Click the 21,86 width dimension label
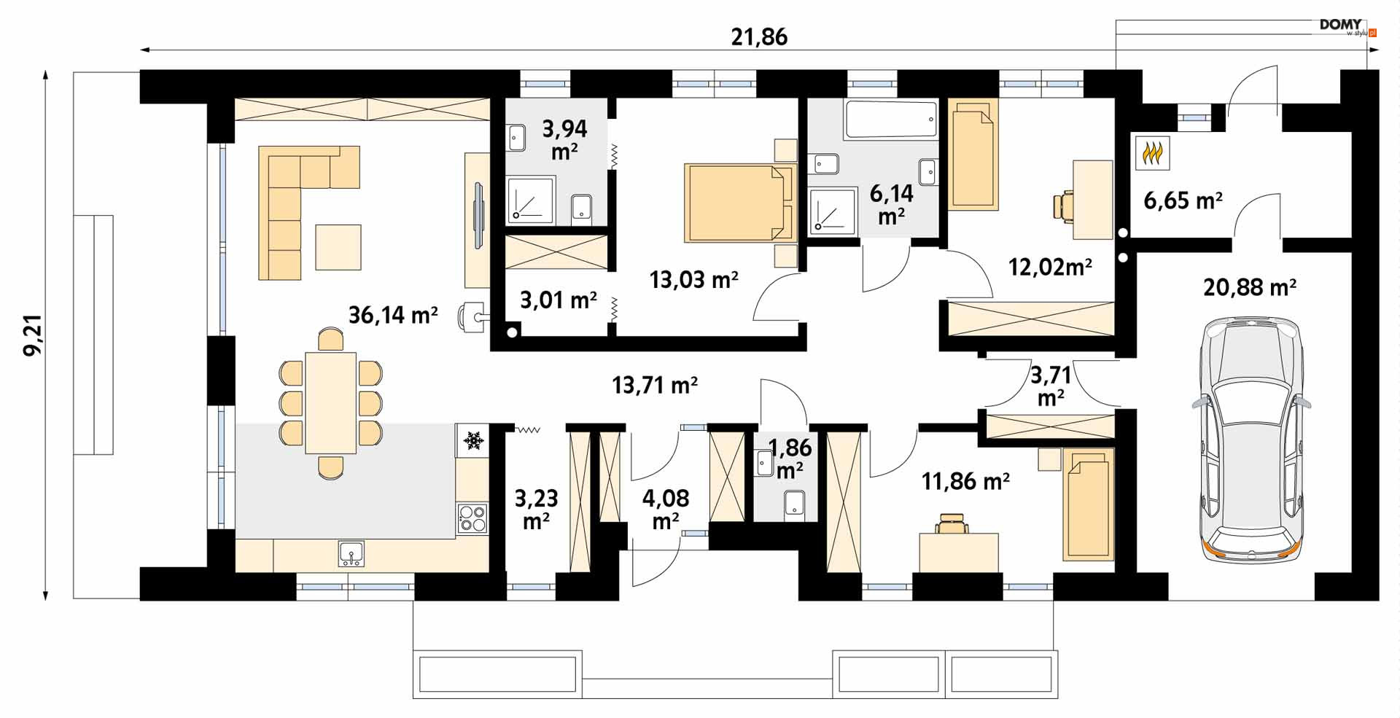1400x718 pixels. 759,37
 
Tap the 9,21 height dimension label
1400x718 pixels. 33,335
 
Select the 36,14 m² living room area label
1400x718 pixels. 393,315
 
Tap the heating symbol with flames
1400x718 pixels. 1152,153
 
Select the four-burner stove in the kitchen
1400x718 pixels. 472,519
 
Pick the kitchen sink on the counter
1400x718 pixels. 351,554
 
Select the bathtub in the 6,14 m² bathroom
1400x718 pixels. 890,120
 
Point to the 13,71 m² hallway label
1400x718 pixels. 655,385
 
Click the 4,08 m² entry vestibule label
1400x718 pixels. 666,510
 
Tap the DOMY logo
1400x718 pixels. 1340,25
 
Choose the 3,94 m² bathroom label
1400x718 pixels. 564,139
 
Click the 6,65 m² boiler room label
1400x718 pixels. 1183,200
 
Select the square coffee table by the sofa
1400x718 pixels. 338,247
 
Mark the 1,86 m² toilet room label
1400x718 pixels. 790,458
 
